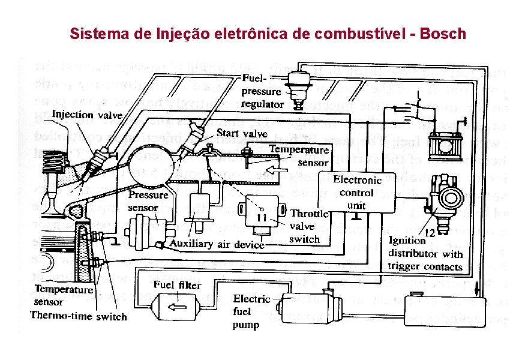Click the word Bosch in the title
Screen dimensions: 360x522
tap(443, 33)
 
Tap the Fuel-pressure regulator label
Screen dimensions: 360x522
tap(262, 92)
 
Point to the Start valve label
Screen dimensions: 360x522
tap(242, 133)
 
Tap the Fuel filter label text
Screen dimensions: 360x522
tap(177, 285)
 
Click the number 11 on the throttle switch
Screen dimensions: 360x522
tap(262, 217)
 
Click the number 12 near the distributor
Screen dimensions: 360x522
tap(430, 232)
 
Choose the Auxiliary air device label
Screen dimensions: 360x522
tap(217, 244)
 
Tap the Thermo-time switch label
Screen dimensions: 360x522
tap(79, 316)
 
